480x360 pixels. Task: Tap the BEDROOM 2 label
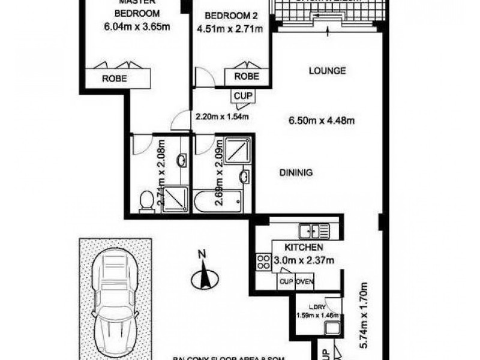tap(227, 16)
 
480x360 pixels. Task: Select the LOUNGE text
tap(327, 71)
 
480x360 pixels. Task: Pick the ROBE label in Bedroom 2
tap(246, 76)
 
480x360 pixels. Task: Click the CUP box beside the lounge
tap(242, 95)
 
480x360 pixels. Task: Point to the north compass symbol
tap(204, 278)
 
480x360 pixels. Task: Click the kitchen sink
tap(313, 230)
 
